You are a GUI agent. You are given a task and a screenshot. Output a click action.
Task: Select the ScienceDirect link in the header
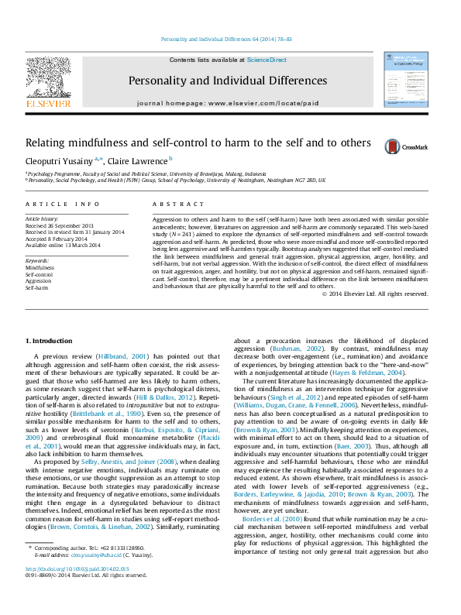coord(267,60)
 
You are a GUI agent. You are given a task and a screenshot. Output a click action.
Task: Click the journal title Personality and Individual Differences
coord(228,81)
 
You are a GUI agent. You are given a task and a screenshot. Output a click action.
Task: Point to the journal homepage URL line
coord(228,103)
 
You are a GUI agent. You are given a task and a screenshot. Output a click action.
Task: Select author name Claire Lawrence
coord(136,161)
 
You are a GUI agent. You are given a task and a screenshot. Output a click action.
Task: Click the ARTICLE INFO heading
coord(62,204)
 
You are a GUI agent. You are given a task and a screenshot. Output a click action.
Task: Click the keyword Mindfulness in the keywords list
coord(40,267)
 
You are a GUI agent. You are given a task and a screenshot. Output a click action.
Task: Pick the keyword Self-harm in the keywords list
coord(36,288)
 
